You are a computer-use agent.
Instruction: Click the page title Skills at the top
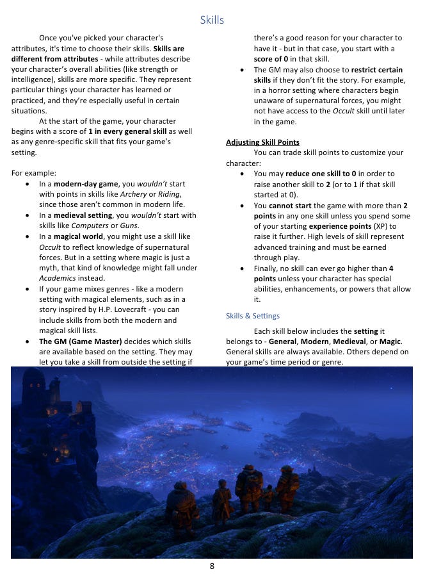(212, 20)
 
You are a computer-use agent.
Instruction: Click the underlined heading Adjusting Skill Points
(262, 142)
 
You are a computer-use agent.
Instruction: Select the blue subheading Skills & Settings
(252, 316)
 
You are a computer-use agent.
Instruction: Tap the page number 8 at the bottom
(212, 566)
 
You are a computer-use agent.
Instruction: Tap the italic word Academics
(57, 278)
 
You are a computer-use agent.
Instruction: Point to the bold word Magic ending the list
(392, 341)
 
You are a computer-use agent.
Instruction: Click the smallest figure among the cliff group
(268, 496)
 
